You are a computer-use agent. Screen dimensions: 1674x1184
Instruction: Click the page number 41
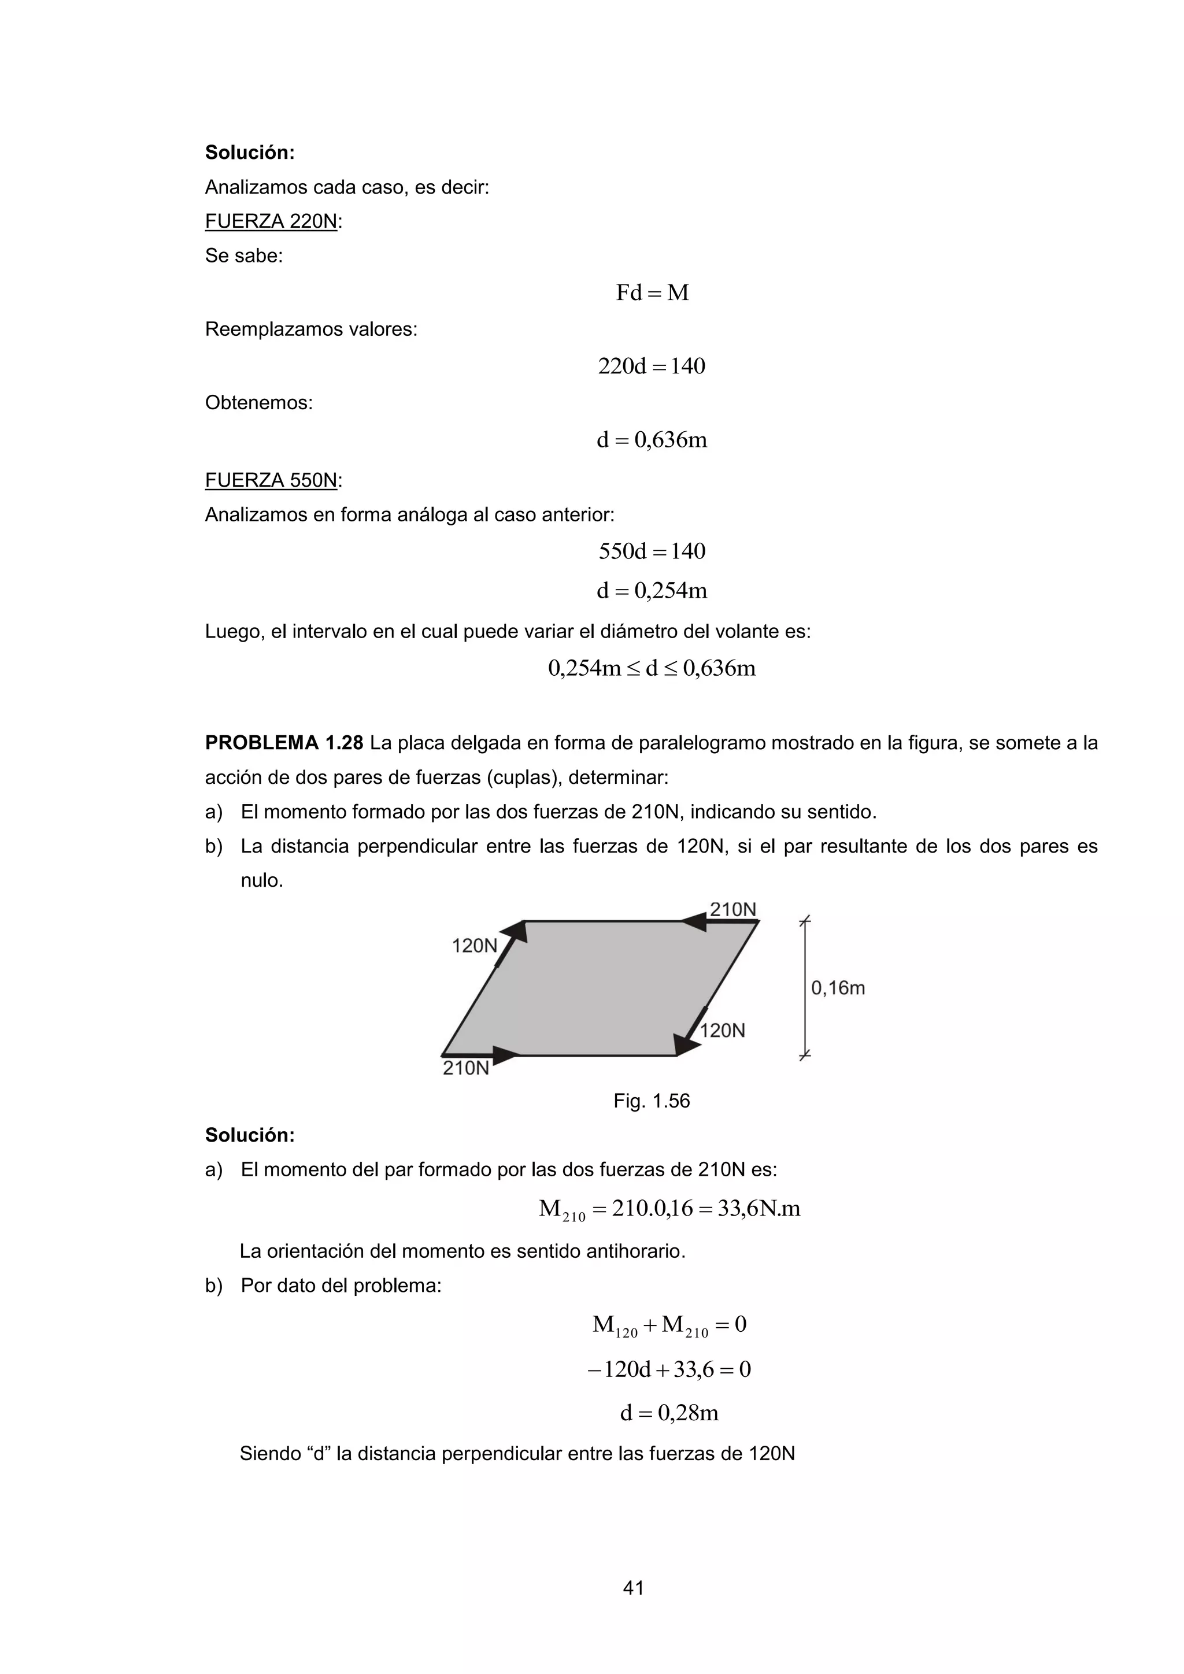point(633,1587)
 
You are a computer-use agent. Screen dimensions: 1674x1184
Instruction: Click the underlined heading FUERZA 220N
point(271,221)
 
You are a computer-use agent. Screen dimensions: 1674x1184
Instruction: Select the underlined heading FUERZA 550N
point(271,480)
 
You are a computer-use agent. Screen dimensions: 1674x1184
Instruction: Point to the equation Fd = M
point(652,293)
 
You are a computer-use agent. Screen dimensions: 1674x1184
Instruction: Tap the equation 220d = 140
point(651,366)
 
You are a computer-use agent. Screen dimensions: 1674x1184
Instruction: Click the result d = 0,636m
point(651,440)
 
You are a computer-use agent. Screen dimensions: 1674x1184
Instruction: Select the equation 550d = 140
point(651,551)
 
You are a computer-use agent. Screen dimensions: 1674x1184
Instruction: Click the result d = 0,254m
point(651,591)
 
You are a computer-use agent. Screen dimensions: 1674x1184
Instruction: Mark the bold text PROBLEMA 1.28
point(284,743)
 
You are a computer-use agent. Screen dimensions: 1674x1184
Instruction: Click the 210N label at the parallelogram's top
point(732,910)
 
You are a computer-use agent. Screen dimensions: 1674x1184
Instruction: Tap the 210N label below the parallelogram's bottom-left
point(466,1069)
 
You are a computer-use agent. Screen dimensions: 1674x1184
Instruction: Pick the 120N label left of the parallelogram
point(475,946)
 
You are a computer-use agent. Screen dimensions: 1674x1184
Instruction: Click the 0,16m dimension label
point(838,988)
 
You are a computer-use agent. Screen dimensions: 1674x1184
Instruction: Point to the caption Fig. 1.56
point(651,1101)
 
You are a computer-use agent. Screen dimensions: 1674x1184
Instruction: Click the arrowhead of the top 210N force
point(693,923)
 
